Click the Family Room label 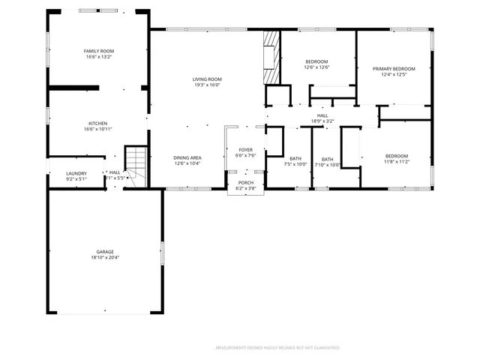97,50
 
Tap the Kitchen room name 97,123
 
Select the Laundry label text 76,173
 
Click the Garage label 104,251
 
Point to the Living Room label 207,79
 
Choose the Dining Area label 187,157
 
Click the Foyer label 246,150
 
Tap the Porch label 246,183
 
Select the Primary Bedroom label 394,68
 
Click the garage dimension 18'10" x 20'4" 104,257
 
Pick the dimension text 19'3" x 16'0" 207,85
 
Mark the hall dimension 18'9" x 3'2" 322,121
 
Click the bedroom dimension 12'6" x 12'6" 317,67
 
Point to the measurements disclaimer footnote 277,348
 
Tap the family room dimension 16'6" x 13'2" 97,56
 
